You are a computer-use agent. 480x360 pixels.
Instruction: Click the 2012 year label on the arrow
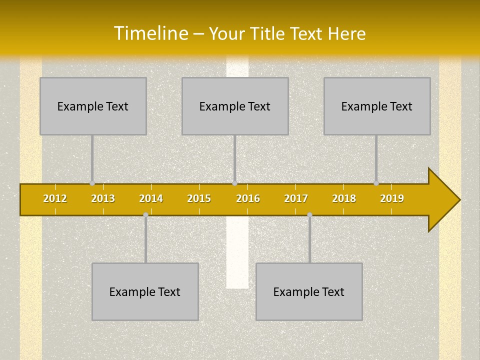click(x=55, y=198)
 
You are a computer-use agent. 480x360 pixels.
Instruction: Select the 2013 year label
click(x=103, y=198)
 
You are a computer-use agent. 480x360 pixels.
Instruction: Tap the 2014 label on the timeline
click(x=151, y=198)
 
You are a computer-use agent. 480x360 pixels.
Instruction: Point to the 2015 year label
click(x=199, y=198)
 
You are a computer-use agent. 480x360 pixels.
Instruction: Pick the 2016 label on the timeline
click(x=248, y=198)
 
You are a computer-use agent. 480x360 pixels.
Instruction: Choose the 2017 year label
click(x=296, y=198)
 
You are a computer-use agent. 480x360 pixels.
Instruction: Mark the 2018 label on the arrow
click(x=344, y=198)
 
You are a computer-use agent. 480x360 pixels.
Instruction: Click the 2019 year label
click(x=392, y=198)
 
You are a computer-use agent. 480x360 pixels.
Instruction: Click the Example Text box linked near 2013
click(x=93, y=106)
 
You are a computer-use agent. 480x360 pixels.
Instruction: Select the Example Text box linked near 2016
click(x=235, y=106)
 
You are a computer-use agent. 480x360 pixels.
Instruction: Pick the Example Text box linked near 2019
click(x=377, y=106)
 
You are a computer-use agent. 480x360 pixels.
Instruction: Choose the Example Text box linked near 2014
click(x=145, y=291)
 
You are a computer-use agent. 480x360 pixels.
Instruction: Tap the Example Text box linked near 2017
click(x=309, y=291)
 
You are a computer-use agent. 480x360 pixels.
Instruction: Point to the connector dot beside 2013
click(x=92, y=183)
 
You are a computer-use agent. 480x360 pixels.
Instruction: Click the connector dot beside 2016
click(x=234, y=183)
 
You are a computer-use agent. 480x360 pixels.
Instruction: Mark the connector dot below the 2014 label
click(x=145, y=215)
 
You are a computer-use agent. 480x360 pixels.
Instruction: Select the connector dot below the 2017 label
click(x=309, y=215)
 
